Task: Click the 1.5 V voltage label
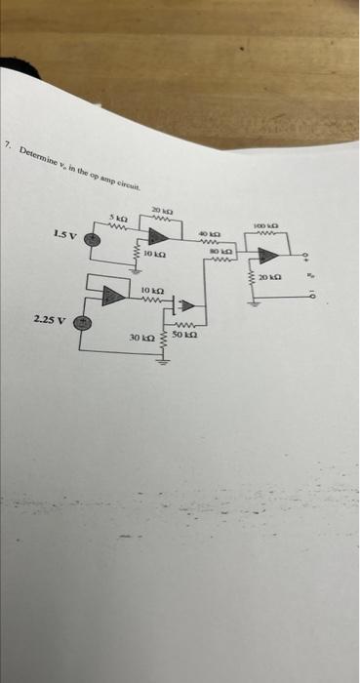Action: [60, 234]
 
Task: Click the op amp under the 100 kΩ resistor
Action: [268, 258]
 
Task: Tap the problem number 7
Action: [7, 144]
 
